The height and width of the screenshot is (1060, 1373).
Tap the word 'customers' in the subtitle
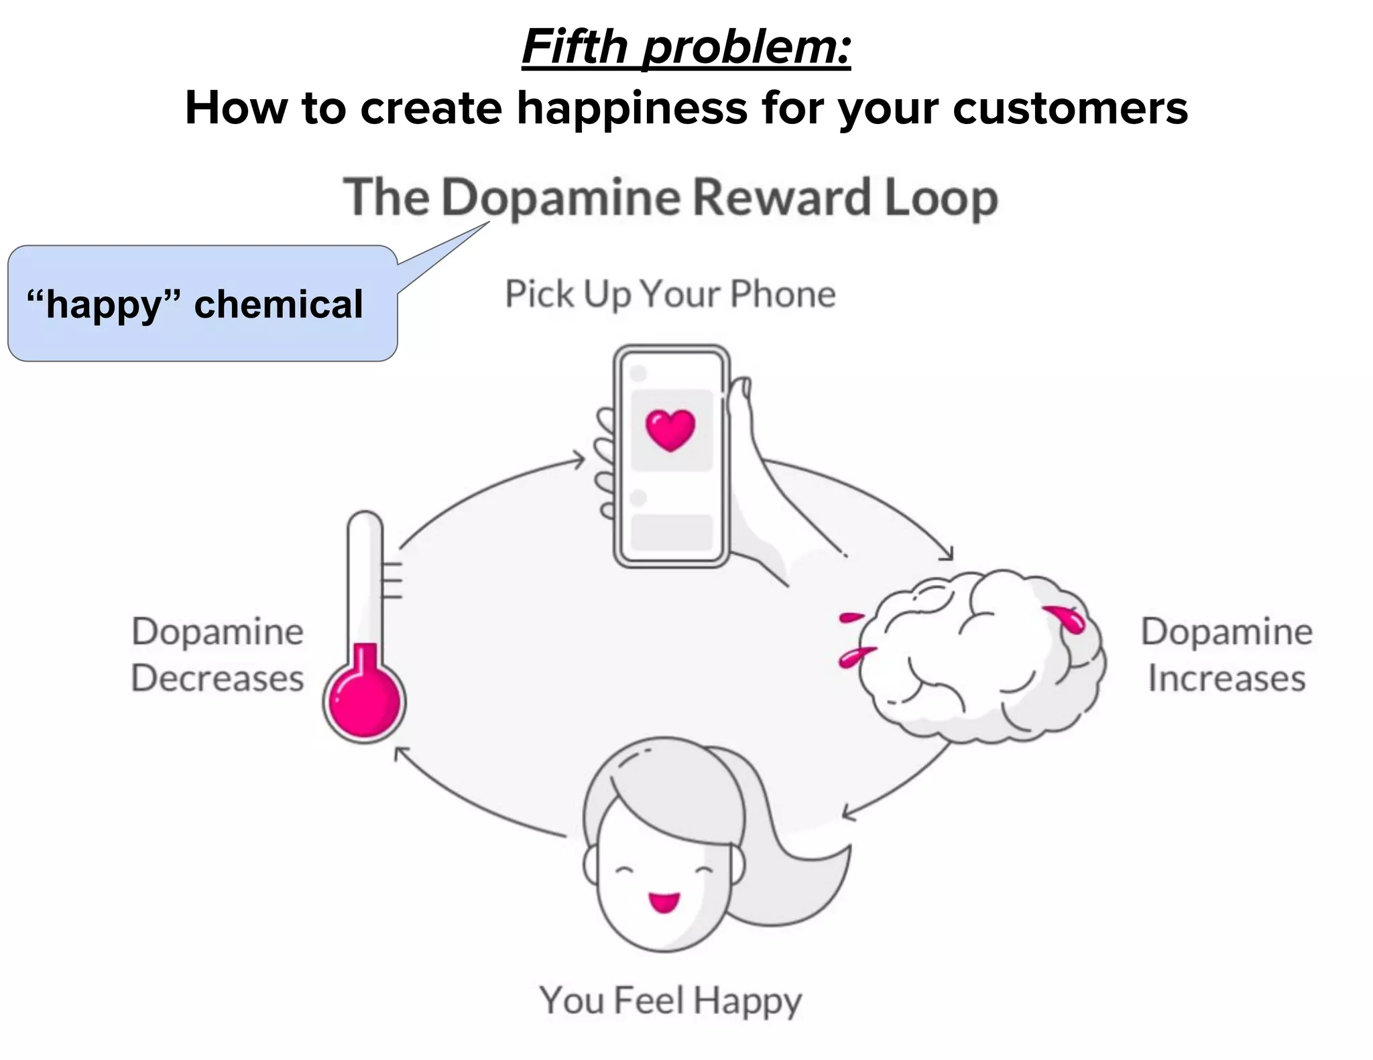pos(1070,109)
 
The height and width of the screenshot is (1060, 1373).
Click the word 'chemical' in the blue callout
pos(278,304)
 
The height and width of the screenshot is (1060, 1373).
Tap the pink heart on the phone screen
pos(670,429)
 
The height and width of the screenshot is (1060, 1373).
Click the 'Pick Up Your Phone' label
pos(670,294)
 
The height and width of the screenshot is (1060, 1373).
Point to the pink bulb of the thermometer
pos(364,702)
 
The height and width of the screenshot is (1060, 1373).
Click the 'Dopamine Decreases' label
pos(217,655)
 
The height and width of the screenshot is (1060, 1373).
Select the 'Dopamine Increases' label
pos(1226,655)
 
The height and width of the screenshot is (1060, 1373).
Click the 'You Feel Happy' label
pos(670,1000)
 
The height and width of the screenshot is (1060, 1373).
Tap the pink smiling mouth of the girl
pos(664,902)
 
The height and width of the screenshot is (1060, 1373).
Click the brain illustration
pos(979,657)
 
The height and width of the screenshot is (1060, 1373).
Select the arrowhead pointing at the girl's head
pos(847,813)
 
